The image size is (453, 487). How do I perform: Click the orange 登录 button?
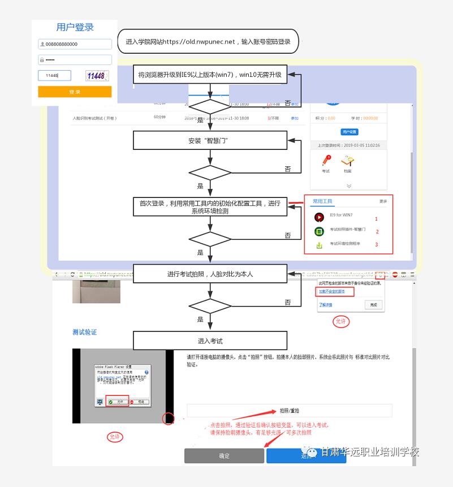75,92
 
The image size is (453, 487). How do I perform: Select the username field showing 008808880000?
75,44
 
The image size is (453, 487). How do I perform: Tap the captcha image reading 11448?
97,75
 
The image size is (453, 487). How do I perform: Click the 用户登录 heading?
75,27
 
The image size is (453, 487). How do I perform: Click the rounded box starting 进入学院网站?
208,42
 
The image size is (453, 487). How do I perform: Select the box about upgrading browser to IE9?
210,75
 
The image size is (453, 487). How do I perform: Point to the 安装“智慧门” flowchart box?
210,140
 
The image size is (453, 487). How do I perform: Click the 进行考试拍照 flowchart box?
210,274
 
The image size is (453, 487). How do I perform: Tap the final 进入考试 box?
210,341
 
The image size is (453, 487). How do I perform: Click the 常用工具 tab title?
322,201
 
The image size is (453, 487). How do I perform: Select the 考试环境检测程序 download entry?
345,244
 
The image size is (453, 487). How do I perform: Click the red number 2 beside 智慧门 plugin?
377,231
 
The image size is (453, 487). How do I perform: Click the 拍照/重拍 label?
290,411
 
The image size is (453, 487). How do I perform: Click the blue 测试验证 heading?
84,332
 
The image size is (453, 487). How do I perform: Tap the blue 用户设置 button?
349,132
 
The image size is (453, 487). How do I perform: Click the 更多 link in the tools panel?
383,201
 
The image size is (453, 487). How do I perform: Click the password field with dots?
75,59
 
